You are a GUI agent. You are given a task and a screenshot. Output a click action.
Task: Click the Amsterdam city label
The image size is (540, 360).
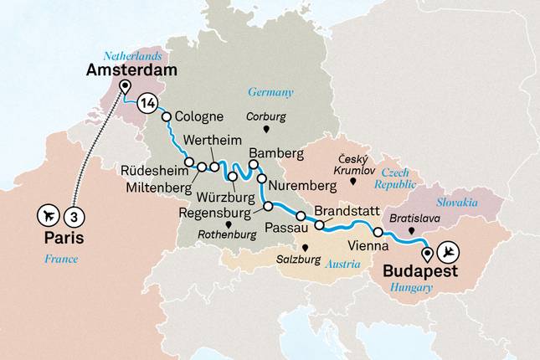click(x=132, y=70)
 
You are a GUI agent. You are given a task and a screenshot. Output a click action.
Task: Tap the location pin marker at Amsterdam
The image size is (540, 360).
click(x=125, y=87)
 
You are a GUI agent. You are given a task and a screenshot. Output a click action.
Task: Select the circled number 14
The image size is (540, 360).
click(x=148, y=104)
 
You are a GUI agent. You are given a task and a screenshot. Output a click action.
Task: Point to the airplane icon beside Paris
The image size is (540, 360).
click(x=49, y=215)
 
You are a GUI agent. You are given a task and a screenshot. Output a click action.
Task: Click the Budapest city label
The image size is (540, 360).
click(x=421, y=272)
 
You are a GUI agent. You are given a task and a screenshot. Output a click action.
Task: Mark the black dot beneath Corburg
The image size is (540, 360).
click(x=266, y=131)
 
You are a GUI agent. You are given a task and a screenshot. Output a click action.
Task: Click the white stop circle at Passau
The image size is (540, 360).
click(x=300, y=218)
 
